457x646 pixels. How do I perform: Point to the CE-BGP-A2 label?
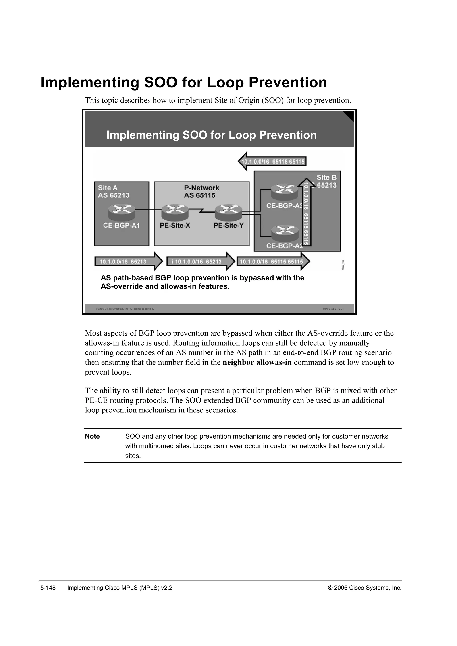click(284, 246)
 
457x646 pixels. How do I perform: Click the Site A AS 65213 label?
click(113, 192)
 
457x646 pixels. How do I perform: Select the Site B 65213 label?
click(326, 182)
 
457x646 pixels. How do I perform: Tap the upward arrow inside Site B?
click(306, 212)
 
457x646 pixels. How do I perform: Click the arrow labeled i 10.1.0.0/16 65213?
click(200, 262)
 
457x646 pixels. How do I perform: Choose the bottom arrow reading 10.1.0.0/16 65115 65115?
click(273, 262)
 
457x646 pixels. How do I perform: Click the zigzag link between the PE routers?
click(201, 210)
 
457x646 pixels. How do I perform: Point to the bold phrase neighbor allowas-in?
click(257, 362)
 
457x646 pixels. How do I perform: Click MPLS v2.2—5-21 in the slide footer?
click(333, 309)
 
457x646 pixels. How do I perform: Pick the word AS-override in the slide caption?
click(119, 287)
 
